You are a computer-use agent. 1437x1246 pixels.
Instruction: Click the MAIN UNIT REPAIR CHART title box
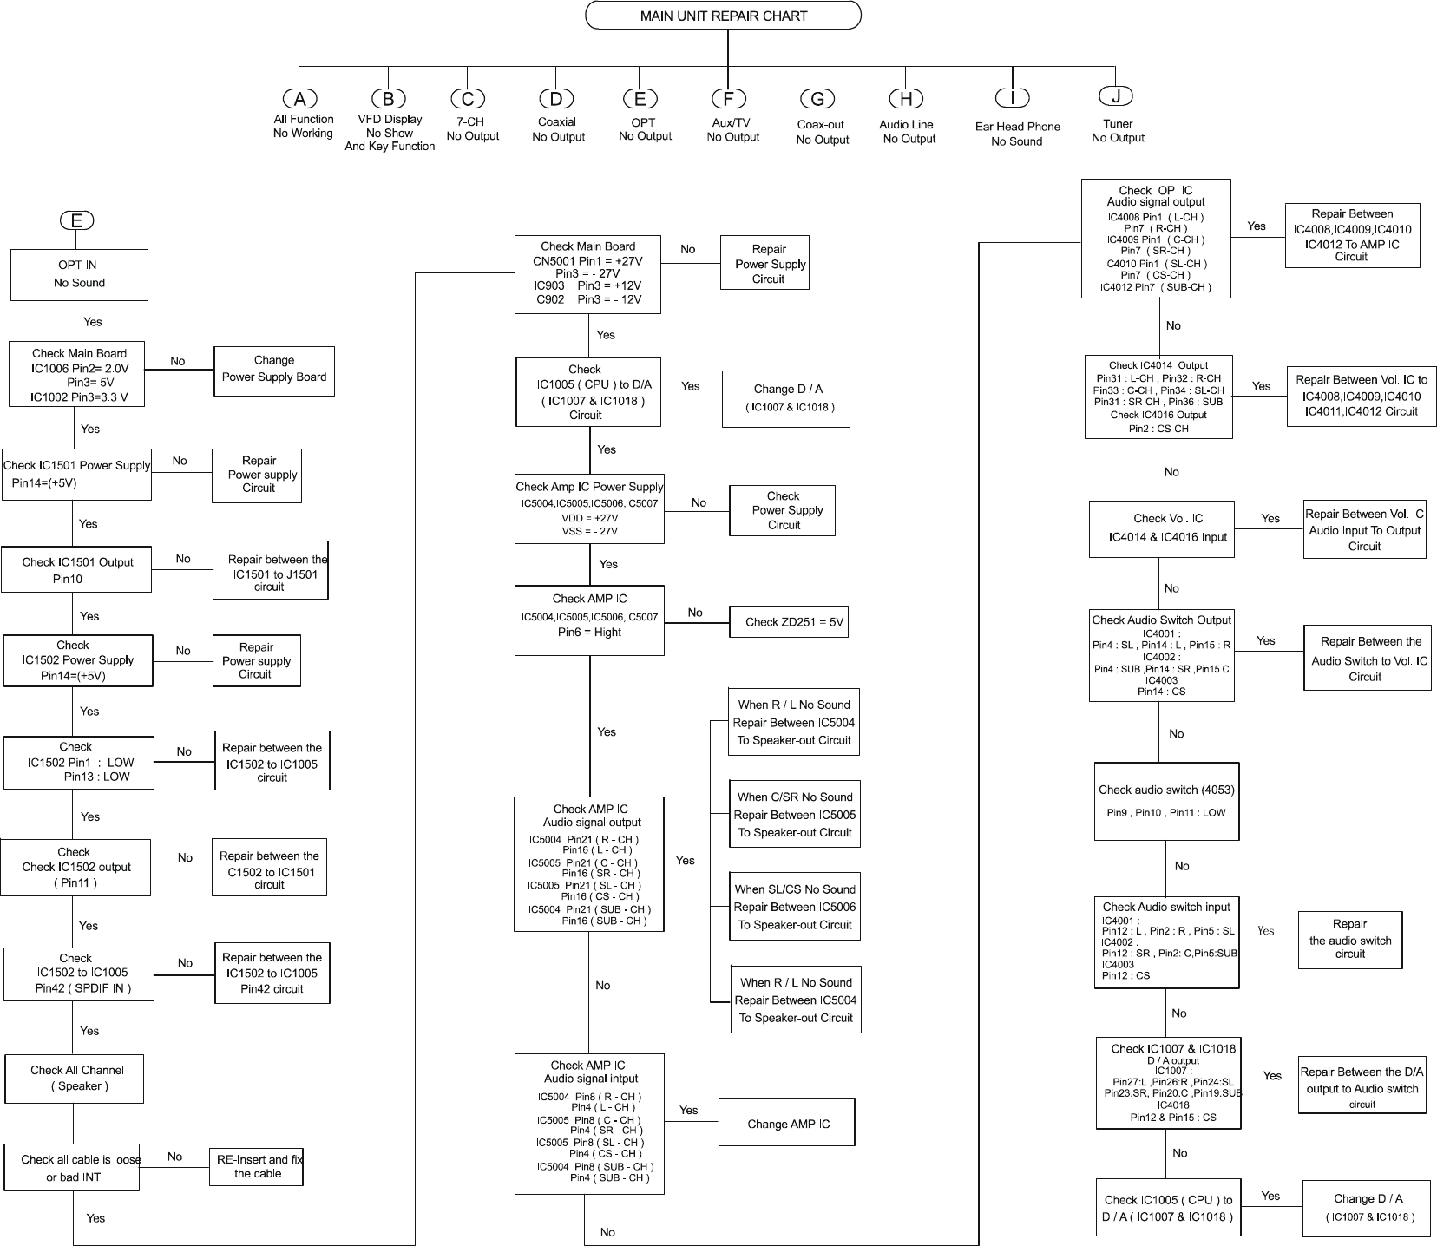(723, 16)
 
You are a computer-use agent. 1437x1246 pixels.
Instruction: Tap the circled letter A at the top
(300, 99)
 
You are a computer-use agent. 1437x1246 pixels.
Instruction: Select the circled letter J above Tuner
(1116, 96)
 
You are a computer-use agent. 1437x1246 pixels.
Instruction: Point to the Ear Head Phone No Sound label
(1017, 134)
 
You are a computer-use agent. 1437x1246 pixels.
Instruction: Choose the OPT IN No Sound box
(79, 274)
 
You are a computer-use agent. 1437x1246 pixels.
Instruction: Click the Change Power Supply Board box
(274, 371)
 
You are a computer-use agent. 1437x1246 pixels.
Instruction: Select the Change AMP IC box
(787, 1124)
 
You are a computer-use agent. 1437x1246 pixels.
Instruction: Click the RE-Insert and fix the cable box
(257, 1166)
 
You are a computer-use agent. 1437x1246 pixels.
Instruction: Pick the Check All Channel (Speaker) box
(75, 1078)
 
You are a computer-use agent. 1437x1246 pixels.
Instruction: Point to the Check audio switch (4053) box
(1165, 801)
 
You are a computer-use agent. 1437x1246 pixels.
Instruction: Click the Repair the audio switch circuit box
(1349, 939)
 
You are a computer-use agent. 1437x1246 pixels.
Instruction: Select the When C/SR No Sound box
(794, 815)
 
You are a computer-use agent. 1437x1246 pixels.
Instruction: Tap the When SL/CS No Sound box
(795, 907)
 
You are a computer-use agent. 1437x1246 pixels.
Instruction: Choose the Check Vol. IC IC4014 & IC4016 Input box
(1161, 528)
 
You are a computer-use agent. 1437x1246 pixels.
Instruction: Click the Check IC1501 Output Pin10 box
(77, 570)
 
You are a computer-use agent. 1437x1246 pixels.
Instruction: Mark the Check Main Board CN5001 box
(588, 273)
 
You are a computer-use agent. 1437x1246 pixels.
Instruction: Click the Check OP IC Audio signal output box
(1155, 238)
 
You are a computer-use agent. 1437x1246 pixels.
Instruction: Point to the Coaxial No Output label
(558, 129)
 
